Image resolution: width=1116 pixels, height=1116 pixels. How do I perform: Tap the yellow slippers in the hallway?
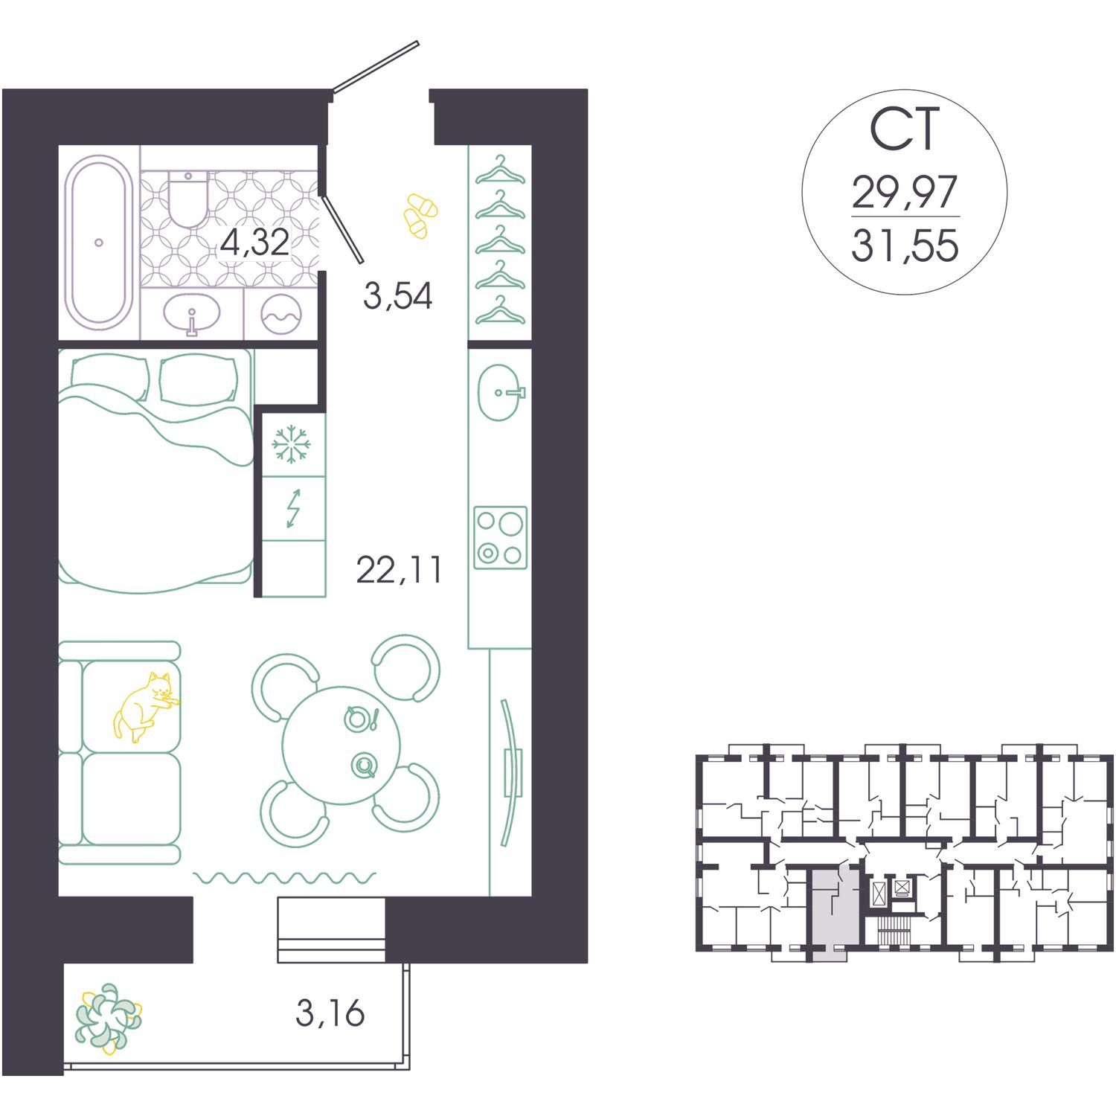[420, 216]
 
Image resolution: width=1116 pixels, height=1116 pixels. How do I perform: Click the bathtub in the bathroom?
[99, 242]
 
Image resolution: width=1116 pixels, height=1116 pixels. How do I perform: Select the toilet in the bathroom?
[187, 199]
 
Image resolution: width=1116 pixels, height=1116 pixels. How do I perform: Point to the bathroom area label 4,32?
[254, 243]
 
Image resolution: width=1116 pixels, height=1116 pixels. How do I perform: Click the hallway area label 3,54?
[397, 295]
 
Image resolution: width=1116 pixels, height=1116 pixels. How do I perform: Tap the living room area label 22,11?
[399, 570]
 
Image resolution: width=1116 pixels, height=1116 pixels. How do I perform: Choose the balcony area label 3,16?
[330, 1013]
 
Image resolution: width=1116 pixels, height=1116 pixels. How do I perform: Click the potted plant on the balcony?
[109, 1018]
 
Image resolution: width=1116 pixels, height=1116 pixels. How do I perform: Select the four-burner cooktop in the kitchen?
[501, 538]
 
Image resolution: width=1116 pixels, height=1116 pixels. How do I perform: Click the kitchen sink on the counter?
[500, 392]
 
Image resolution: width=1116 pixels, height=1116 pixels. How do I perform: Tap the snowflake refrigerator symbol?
[291, 444]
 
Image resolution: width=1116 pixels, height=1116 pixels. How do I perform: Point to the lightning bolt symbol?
[294, 508]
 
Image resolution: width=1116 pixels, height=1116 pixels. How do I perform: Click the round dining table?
[341, 745]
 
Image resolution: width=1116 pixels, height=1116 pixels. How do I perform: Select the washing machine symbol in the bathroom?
[281, 315]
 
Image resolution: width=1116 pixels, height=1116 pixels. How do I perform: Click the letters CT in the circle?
[905, 130]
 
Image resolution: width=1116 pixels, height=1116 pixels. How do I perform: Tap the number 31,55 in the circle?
[905, 246]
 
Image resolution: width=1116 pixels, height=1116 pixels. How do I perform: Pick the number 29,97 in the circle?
[905, 192]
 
